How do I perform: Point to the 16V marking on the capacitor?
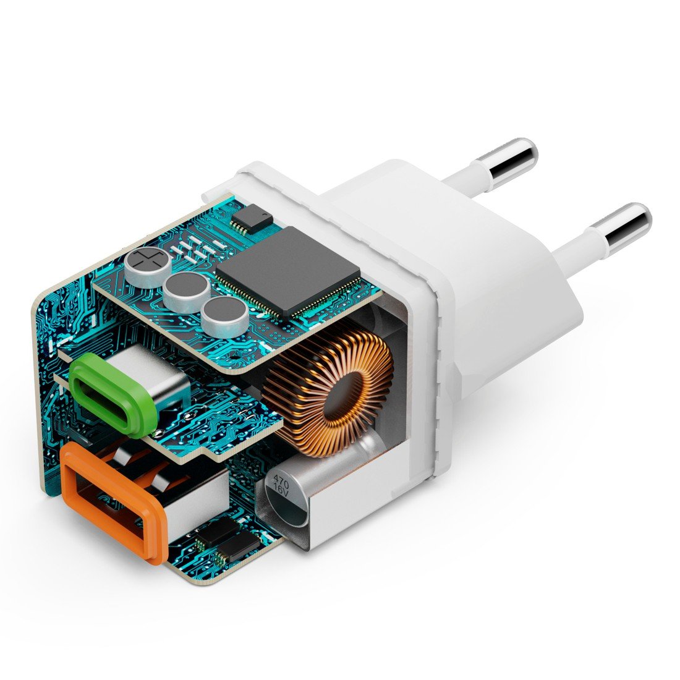coord(279,492)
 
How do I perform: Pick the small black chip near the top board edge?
coord(252,219)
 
